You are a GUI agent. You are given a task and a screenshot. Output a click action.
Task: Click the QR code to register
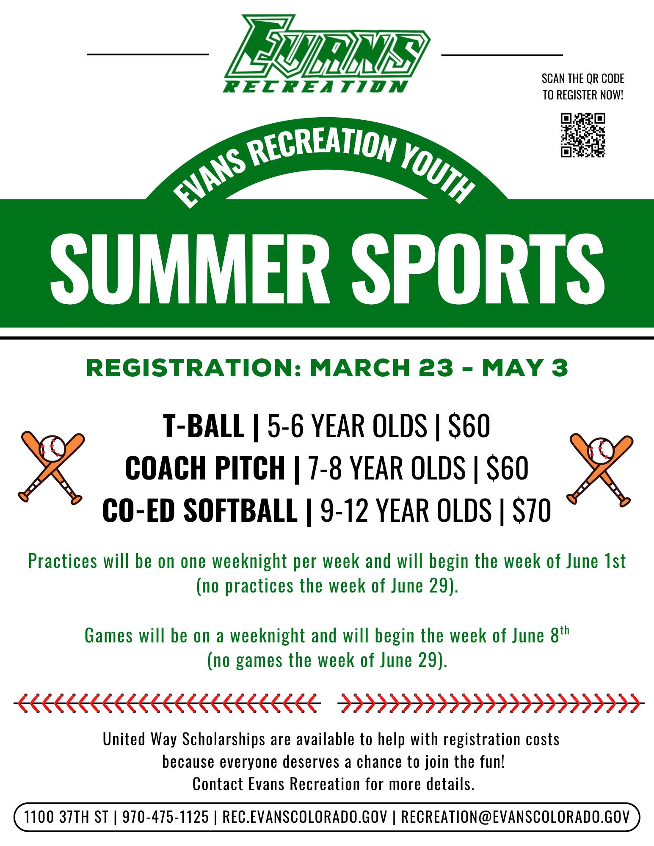pos(583,135)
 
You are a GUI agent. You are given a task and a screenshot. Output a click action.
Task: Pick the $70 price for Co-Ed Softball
pos(531,510)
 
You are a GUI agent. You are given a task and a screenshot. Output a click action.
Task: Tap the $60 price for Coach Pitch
pos(507,468)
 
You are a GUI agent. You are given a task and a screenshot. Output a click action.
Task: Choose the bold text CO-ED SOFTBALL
pos(200,511)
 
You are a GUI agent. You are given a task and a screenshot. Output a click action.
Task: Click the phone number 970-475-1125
pos(166,817)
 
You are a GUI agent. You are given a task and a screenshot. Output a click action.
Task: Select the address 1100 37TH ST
pos(66,817)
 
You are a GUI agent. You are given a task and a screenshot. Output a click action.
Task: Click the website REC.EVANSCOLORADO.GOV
pos(305,817)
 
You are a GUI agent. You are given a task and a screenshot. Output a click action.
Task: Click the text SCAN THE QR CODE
pos(583,79)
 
